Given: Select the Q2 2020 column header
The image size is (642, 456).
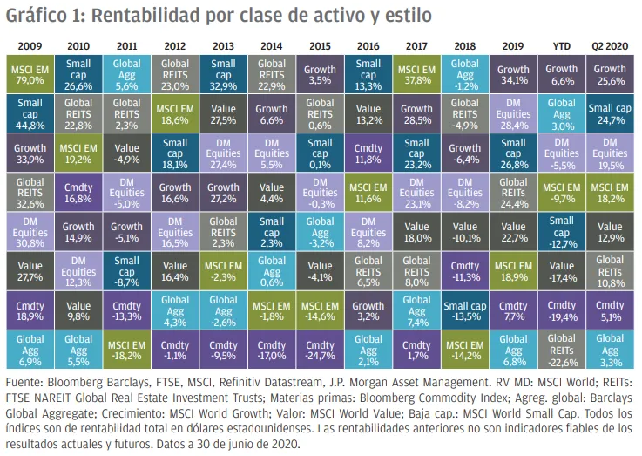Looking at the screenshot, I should pyautogui.click(x=609, y=42).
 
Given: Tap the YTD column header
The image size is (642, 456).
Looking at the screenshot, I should pyautogui.click(x=561, y=42).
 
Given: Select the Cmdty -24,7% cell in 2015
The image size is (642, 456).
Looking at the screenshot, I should pyautogui.click(x=320, y=350).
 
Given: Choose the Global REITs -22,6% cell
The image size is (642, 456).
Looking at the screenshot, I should pyautogui.click(x=561, y=350).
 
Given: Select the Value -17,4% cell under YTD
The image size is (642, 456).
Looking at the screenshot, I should pyautogui.click(x=561, y=270).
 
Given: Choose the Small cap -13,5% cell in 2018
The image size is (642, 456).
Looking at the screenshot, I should pyautogui.click(x=464, y=310).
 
